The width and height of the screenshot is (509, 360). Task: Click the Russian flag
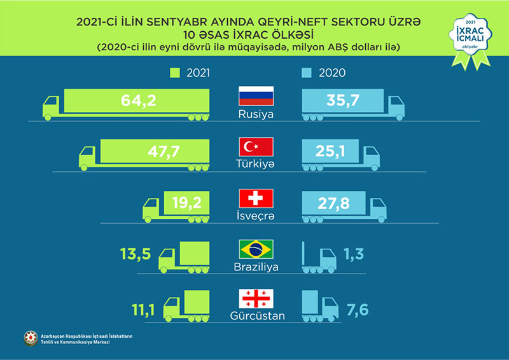click(x=255, y=97)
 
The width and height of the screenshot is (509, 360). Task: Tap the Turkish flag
click(x=255, y=148)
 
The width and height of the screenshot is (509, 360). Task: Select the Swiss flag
click(x=255, y=198)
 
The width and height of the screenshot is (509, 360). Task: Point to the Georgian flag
click(x=255, y=298)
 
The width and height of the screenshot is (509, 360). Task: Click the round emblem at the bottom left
click(x=30, y=339)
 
